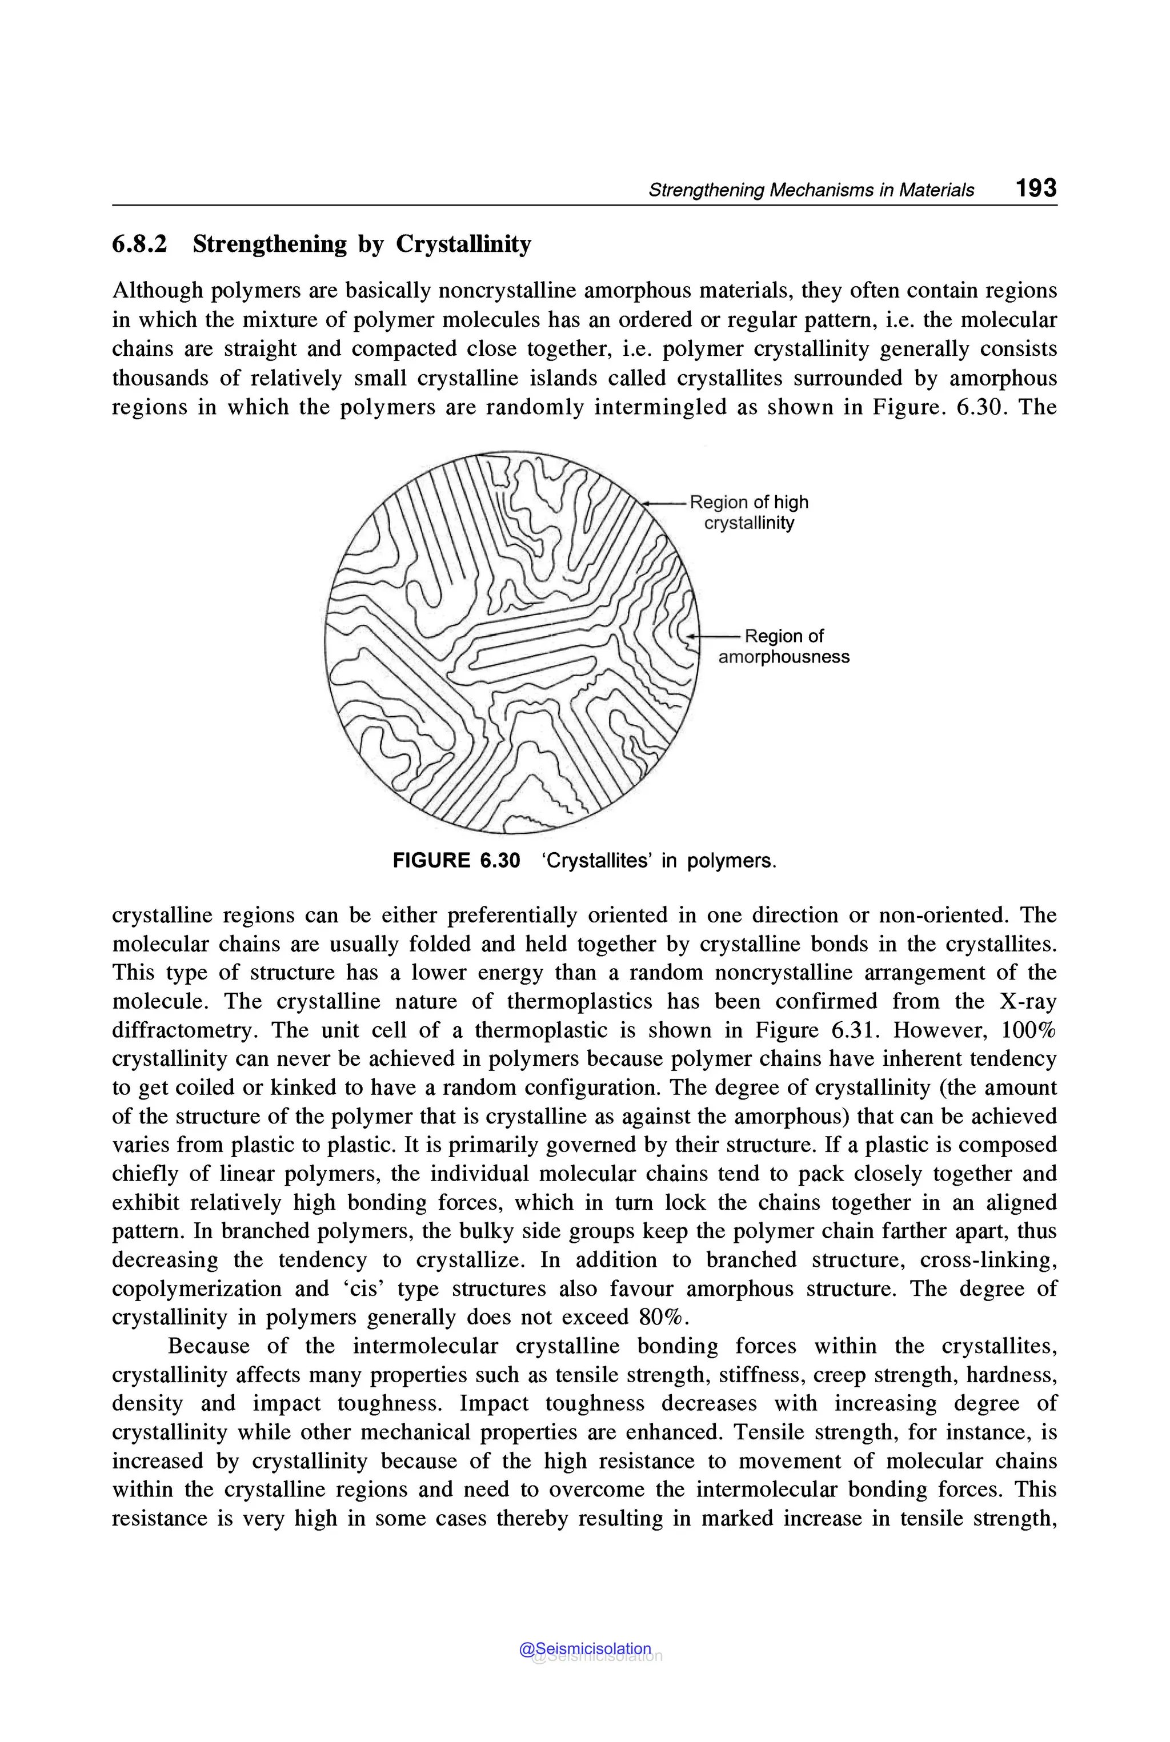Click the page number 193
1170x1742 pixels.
tap(1036, 187)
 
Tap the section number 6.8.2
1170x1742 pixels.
tap(139, 244)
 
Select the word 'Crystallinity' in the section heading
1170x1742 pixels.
tap(463, 244)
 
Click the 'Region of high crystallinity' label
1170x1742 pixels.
tap(748, 512)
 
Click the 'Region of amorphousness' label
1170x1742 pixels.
tap(783, 646)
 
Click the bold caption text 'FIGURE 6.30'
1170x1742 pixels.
tap(456, 861)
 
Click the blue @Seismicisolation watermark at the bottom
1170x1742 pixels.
tap(585, 1648)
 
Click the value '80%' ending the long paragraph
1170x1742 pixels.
tap(660, 1318)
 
